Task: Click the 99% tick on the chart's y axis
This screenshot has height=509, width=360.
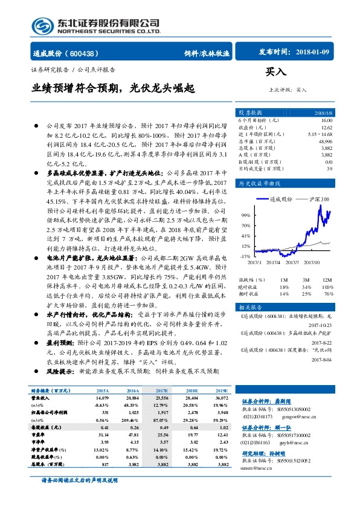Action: pyautogui.click(x=245, y=215)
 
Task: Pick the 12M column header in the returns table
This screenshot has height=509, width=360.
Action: pyautogui.click(x=327, y=280)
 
